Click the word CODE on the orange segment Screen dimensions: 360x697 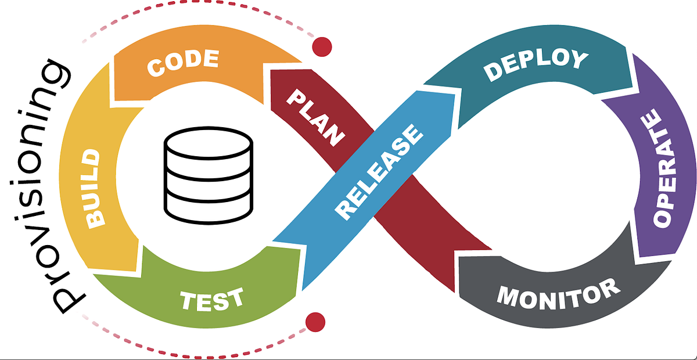[x=182, y=63]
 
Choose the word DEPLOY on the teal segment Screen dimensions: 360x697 [x=536, y=64]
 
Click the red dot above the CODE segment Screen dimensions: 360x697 [x=321, y=47]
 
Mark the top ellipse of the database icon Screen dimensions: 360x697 [x=209, y=142]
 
